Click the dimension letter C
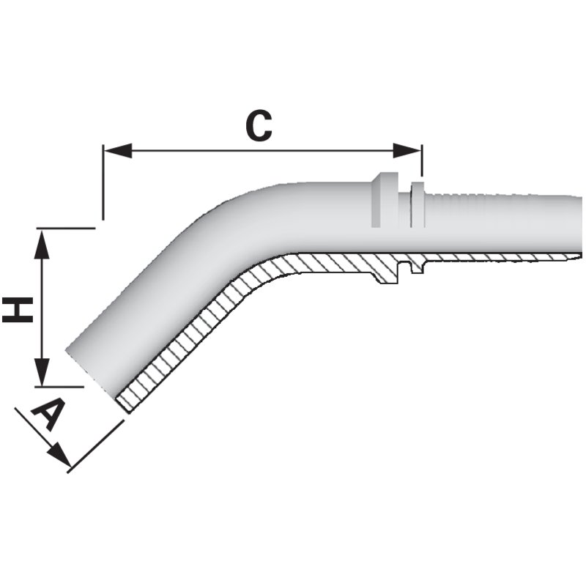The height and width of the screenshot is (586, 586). (259, 125)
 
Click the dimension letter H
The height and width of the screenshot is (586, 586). (18, 309)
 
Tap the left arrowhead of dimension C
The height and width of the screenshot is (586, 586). (118, 151)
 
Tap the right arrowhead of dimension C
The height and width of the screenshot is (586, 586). (407, 151)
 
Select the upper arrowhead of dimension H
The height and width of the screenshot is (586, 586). (42, 244)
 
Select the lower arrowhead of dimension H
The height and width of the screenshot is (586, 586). (42, 371)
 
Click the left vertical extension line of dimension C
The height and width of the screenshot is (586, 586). (103, 182)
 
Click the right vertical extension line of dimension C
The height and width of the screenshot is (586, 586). (422, 160)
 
